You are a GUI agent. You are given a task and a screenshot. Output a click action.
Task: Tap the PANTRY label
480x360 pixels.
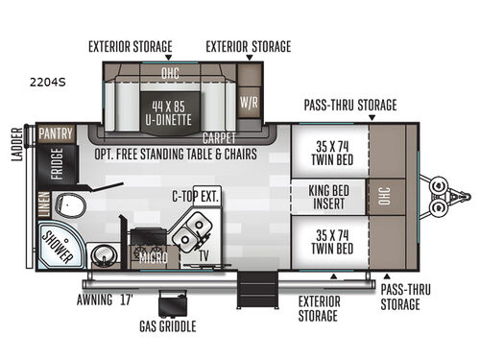coord(56,133)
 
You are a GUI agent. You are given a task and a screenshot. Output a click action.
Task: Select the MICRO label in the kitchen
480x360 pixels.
coord(153,257)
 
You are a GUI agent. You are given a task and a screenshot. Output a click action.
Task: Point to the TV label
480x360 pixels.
coord(204,256)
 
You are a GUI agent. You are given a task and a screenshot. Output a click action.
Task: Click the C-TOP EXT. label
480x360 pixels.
coord(196,197)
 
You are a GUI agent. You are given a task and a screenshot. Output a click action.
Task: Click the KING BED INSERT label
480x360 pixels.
coord(328,197)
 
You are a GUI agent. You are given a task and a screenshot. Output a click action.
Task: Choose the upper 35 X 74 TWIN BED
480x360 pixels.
coord(328,155)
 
